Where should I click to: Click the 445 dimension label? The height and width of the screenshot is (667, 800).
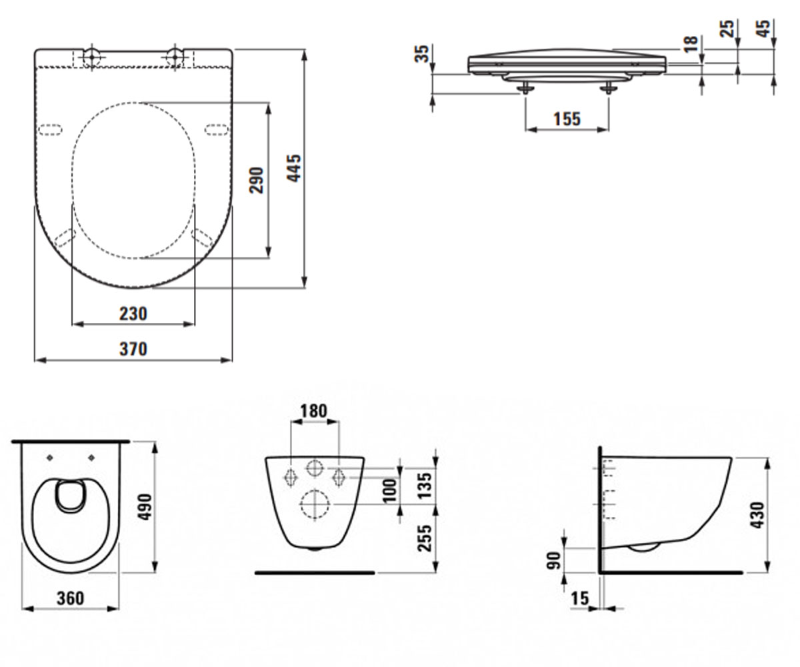tap(294, 168)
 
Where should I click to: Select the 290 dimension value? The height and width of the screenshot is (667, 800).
tap(256, 180)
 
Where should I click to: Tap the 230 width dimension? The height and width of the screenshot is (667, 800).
tap(133, 314)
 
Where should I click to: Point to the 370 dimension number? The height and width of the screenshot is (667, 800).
tap(133, 350)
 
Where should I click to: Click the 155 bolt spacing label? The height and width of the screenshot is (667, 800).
tap(567, 119)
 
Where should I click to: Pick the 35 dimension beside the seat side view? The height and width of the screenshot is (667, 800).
tap(422, 53)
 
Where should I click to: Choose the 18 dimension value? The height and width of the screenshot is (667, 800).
tap(691, 44)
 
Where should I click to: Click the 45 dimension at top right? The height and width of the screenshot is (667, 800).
tap(764, 29)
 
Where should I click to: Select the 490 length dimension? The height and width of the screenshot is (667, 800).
tap(146, 507)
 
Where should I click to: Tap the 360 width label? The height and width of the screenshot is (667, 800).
tap(71, 598)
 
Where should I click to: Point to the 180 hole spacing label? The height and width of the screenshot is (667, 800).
tap(313, 412)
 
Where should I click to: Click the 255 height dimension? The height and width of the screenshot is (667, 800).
tap(424, 538)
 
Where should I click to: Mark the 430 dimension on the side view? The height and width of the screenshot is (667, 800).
tap(757, 515)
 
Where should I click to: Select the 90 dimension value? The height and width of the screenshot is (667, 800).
tap(553, 560)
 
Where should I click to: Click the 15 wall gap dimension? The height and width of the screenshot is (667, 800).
tap(579, 598)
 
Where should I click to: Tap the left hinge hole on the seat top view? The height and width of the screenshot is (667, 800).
tap(91, 57)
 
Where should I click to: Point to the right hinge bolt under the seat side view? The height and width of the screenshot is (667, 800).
tap(609, 89)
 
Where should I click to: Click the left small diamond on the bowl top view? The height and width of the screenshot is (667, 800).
tap(51, 458)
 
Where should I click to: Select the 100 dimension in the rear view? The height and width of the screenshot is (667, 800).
tap(389, 490)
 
